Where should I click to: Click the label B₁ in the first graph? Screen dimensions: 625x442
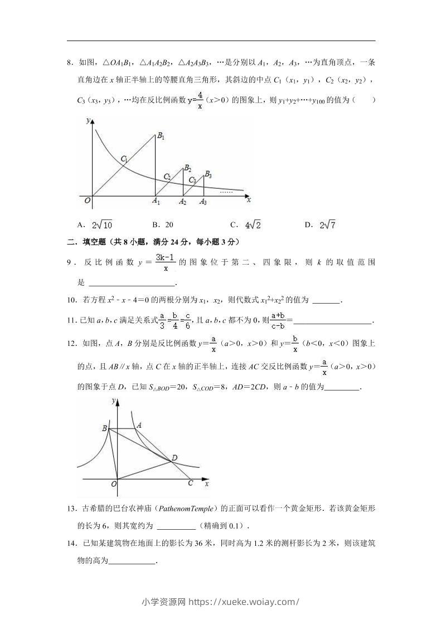[161, 136]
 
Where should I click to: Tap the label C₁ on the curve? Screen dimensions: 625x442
[124, 159]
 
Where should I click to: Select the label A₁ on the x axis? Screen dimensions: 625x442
[156, 202]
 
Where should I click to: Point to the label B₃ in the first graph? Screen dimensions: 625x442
[208, 174]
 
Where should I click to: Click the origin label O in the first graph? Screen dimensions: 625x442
[87, 201]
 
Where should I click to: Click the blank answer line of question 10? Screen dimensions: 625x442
[326, 300]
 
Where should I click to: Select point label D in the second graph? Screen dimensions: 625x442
[174, 458]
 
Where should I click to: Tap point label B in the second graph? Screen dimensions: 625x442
[104, 428]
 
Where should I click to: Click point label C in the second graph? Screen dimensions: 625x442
[190, 483]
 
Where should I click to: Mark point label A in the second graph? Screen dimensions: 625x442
[139, 425]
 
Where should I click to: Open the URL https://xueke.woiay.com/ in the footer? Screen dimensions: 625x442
[244, 602]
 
